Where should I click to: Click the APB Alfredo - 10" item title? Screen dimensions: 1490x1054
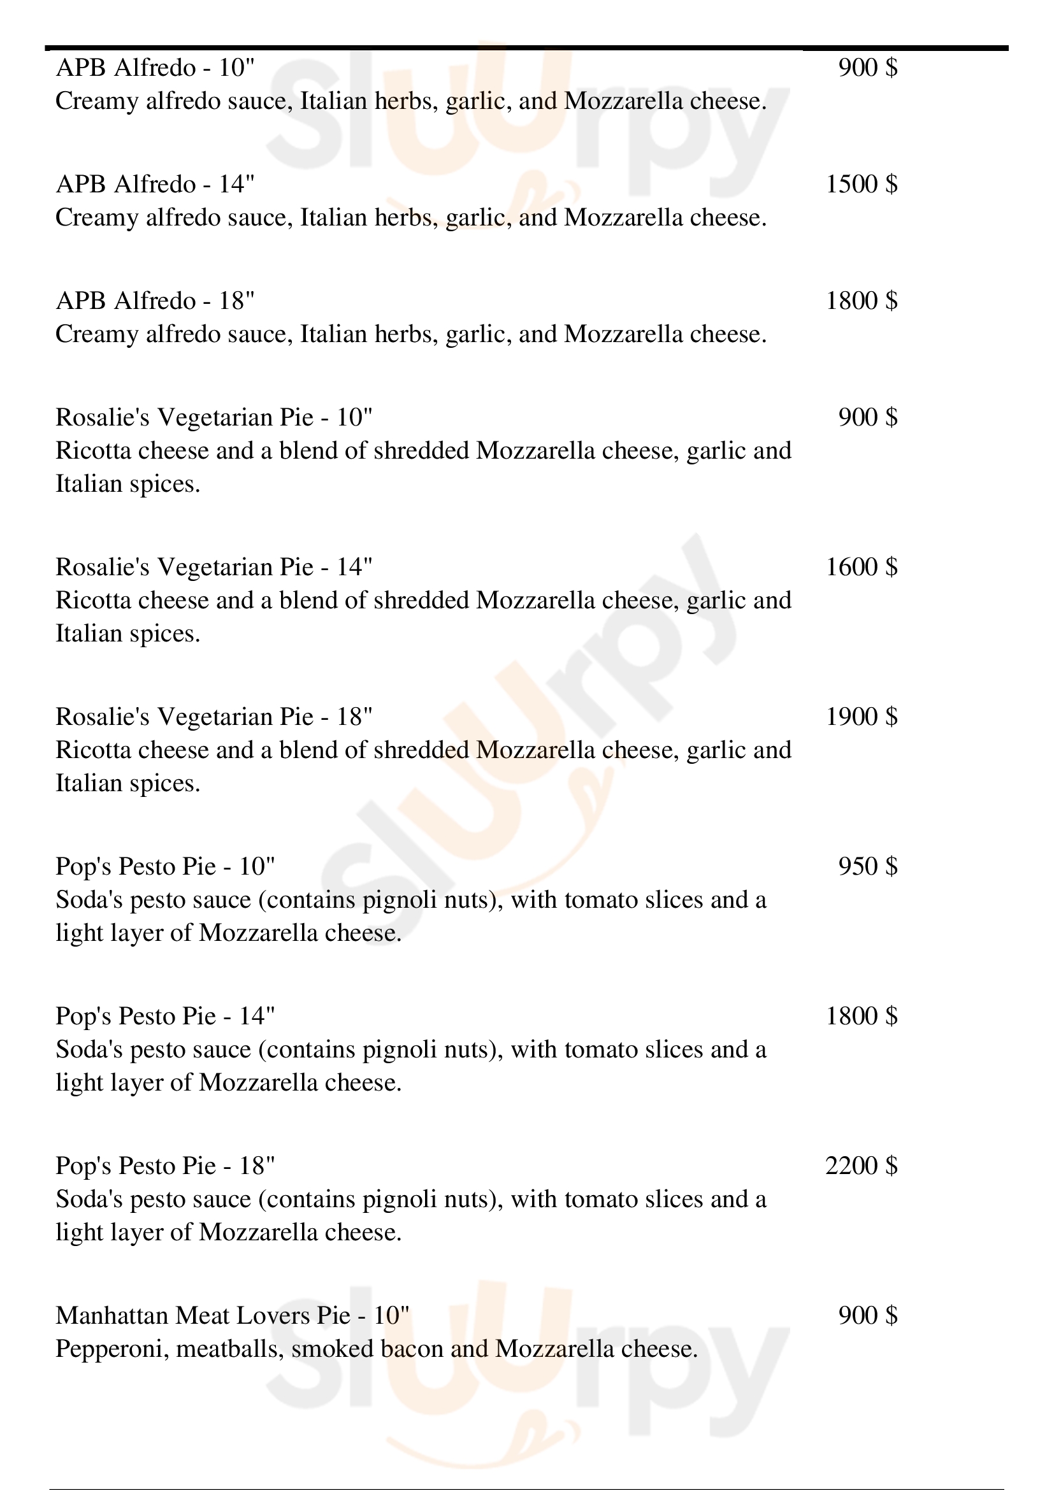coord(155,68)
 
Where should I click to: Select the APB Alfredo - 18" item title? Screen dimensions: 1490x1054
coord(155,301)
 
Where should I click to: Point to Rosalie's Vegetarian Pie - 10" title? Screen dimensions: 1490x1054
coord(213,418)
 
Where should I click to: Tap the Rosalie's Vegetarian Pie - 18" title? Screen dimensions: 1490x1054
coord(213,717)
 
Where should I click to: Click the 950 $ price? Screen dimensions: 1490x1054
coord(867,867)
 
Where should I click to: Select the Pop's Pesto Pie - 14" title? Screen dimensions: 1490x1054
coord(165,1016)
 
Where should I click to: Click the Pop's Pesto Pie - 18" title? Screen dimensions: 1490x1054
coord(165,1166)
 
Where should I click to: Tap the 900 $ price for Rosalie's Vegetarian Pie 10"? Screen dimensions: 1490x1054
coord(867,418)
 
